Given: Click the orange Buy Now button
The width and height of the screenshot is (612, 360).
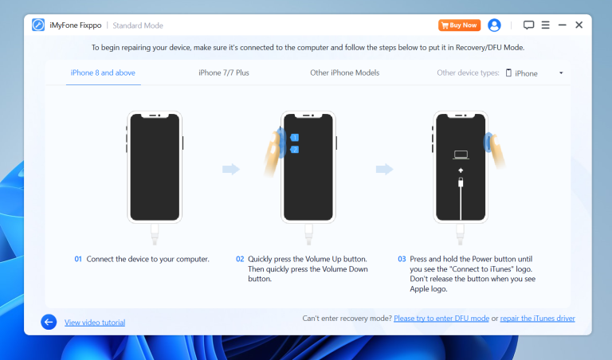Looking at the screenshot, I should coord(459,25).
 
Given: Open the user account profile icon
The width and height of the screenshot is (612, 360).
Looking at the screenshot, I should coord(495,25).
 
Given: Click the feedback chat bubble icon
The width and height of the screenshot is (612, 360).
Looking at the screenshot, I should coord(528,25).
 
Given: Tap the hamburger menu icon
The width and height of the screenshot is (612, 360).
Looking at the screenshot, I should coord(545,25).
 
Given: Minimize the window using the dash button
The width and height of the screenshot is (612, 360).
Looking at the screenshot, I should coord(563,25).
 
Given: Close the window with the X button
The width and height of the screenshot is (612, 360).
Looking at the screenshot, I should coord(579,25).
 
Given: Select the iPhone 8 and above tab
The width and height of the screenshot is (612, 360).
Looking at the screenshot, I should coord(103,73).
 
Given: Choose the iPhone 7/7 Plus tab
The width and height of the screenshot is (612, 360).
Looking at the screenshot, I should coord(225,73).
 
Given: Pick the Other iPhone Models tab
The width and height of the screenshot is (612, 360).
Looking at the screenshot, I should coord(344,73).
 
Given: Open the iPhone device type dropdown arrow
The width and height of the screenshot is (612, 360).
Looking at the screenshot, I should coord(561,73).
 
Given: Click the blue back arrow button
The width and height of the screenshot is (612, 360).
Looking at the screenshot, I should coord(49,322).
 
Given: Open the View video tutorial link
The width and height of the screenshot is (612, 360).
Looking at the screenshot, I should coord(95,323).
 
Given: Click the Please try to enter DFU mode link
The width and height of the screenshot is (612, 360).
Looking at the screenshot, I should coord(441,319).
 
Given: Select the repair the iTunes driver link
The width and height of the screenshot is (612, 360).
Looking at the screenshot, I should coord(538,319).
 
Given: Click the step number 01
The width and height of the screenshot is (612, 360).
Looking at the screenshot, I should coord(78,260).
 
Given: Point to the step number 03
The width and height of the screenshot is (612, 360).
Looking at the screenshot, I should coord(402,260).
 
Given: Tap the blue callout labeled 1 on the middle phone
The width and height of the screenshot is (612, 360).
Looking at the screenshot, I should coord(295,138).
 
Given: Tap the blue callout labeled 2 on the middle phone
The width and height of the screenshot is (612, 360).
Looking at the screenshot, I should coord(295,150).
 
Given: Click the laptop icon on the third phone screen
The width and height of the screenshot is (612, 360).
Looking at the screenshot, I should coord(461,155).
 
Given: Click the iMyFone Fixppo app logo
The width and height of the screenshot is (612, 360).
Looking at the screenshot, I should coord(38,25).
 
